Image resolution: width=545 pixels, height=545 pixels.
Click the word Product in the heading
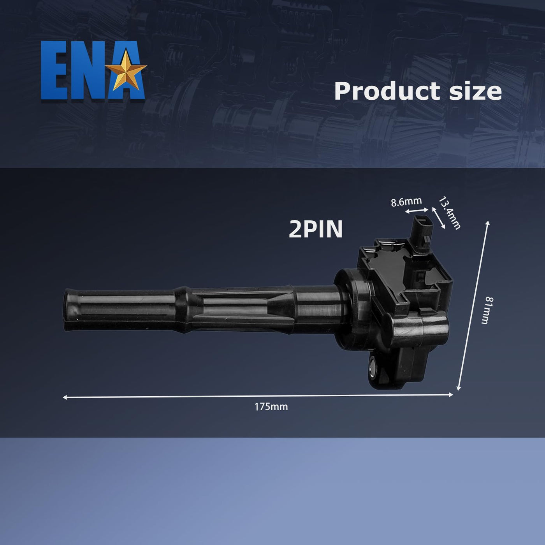(x=387, y=92)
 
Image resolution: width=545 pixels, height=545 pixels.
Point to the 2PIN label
(x=316, y=229)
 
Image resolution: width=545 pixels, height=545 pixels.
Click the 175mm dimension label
(x=271, y=407)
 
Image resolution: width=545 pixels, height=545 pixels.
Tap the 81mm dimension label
(x=490, y=310)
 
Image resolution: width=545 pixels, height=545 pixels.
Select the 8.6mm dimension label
(x=406, y=202)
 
